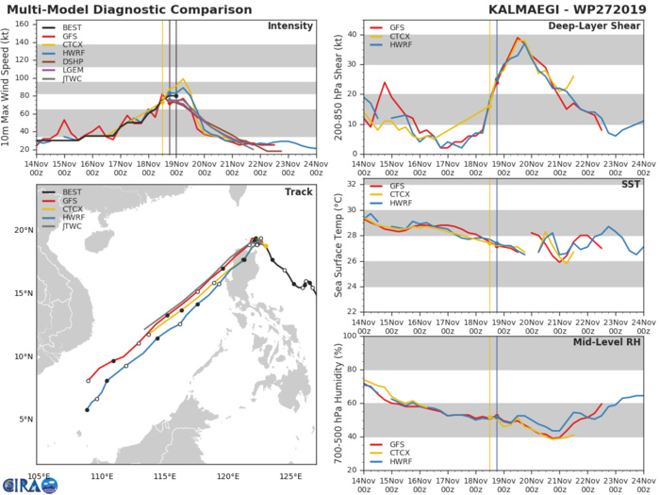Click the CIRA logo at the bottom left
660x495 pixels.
(28, 481)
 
